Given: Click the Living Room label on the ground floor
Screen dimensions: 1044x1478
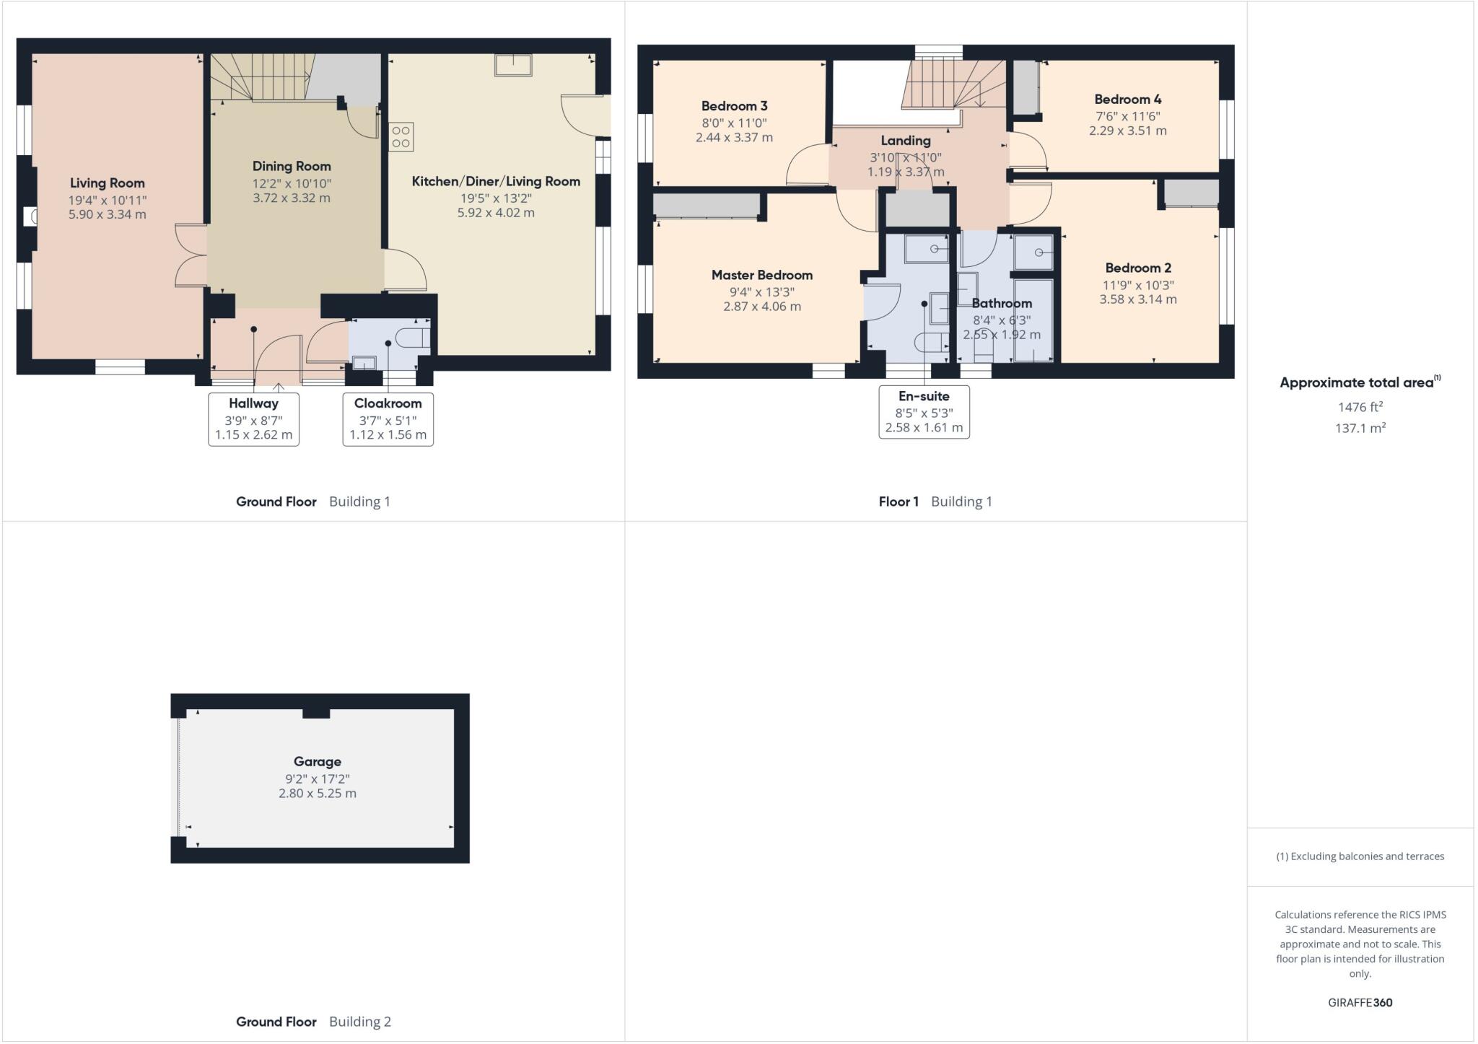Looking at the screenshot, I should click(x=107, y=183).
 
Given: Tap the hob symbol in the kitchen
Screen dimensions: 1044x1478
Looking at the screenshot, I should click(x=401, y=137).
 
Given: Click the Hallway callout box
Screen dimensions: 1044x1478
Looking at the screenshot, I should click(x=253, y=419).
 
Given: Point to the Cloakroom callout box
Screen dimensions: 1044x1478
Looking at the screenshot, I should click(x=388, y=419).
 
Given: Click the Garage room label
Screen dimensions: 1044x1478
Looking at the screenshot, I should click(x=317, y=762).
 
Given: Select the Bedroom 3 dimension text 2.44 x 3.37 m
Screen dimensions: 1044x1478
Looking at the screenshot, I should click(x=734, y=138).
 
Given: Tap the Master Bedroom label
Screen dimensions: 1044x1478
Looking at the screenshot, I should click(x=761, y=275).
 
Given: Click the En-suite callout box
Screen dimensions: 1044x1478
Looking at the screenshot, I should click(x=924, y=412).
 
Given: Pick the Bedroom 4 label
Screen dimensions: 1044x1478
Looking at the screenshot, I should click(x=1127, y=100).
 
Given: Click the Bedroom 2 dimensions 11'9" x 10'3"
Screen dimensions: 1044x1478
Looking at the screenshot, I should click(x=1137, y=285).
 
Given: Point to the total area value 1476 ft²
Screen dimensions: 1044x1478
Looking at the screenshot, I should click(x=1360, y=407).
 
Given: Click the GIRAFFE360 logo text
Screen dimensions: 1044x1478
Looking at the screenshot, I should click(x=1360, y=1002).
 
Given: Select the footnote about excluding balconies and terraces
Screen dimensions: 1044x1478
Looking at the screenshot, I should click(x=1360, y=856).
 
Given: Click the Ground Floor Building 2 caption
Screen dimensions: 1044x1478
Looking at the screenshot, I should click(x=313, y=1022).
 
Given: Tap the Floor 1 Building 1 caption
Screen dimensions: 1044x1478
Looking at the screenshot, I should click(x=935, y=501).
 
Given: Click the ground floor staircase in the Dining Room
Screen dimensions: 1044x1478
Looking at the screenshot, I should click(x=260, y=76).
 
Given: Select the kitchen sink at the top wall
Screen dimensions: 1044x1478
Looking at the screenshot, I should click(x=513, y=65).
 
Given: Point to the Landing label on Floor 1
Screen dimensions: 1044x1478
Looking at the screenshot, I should click(x=905, y=141).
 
